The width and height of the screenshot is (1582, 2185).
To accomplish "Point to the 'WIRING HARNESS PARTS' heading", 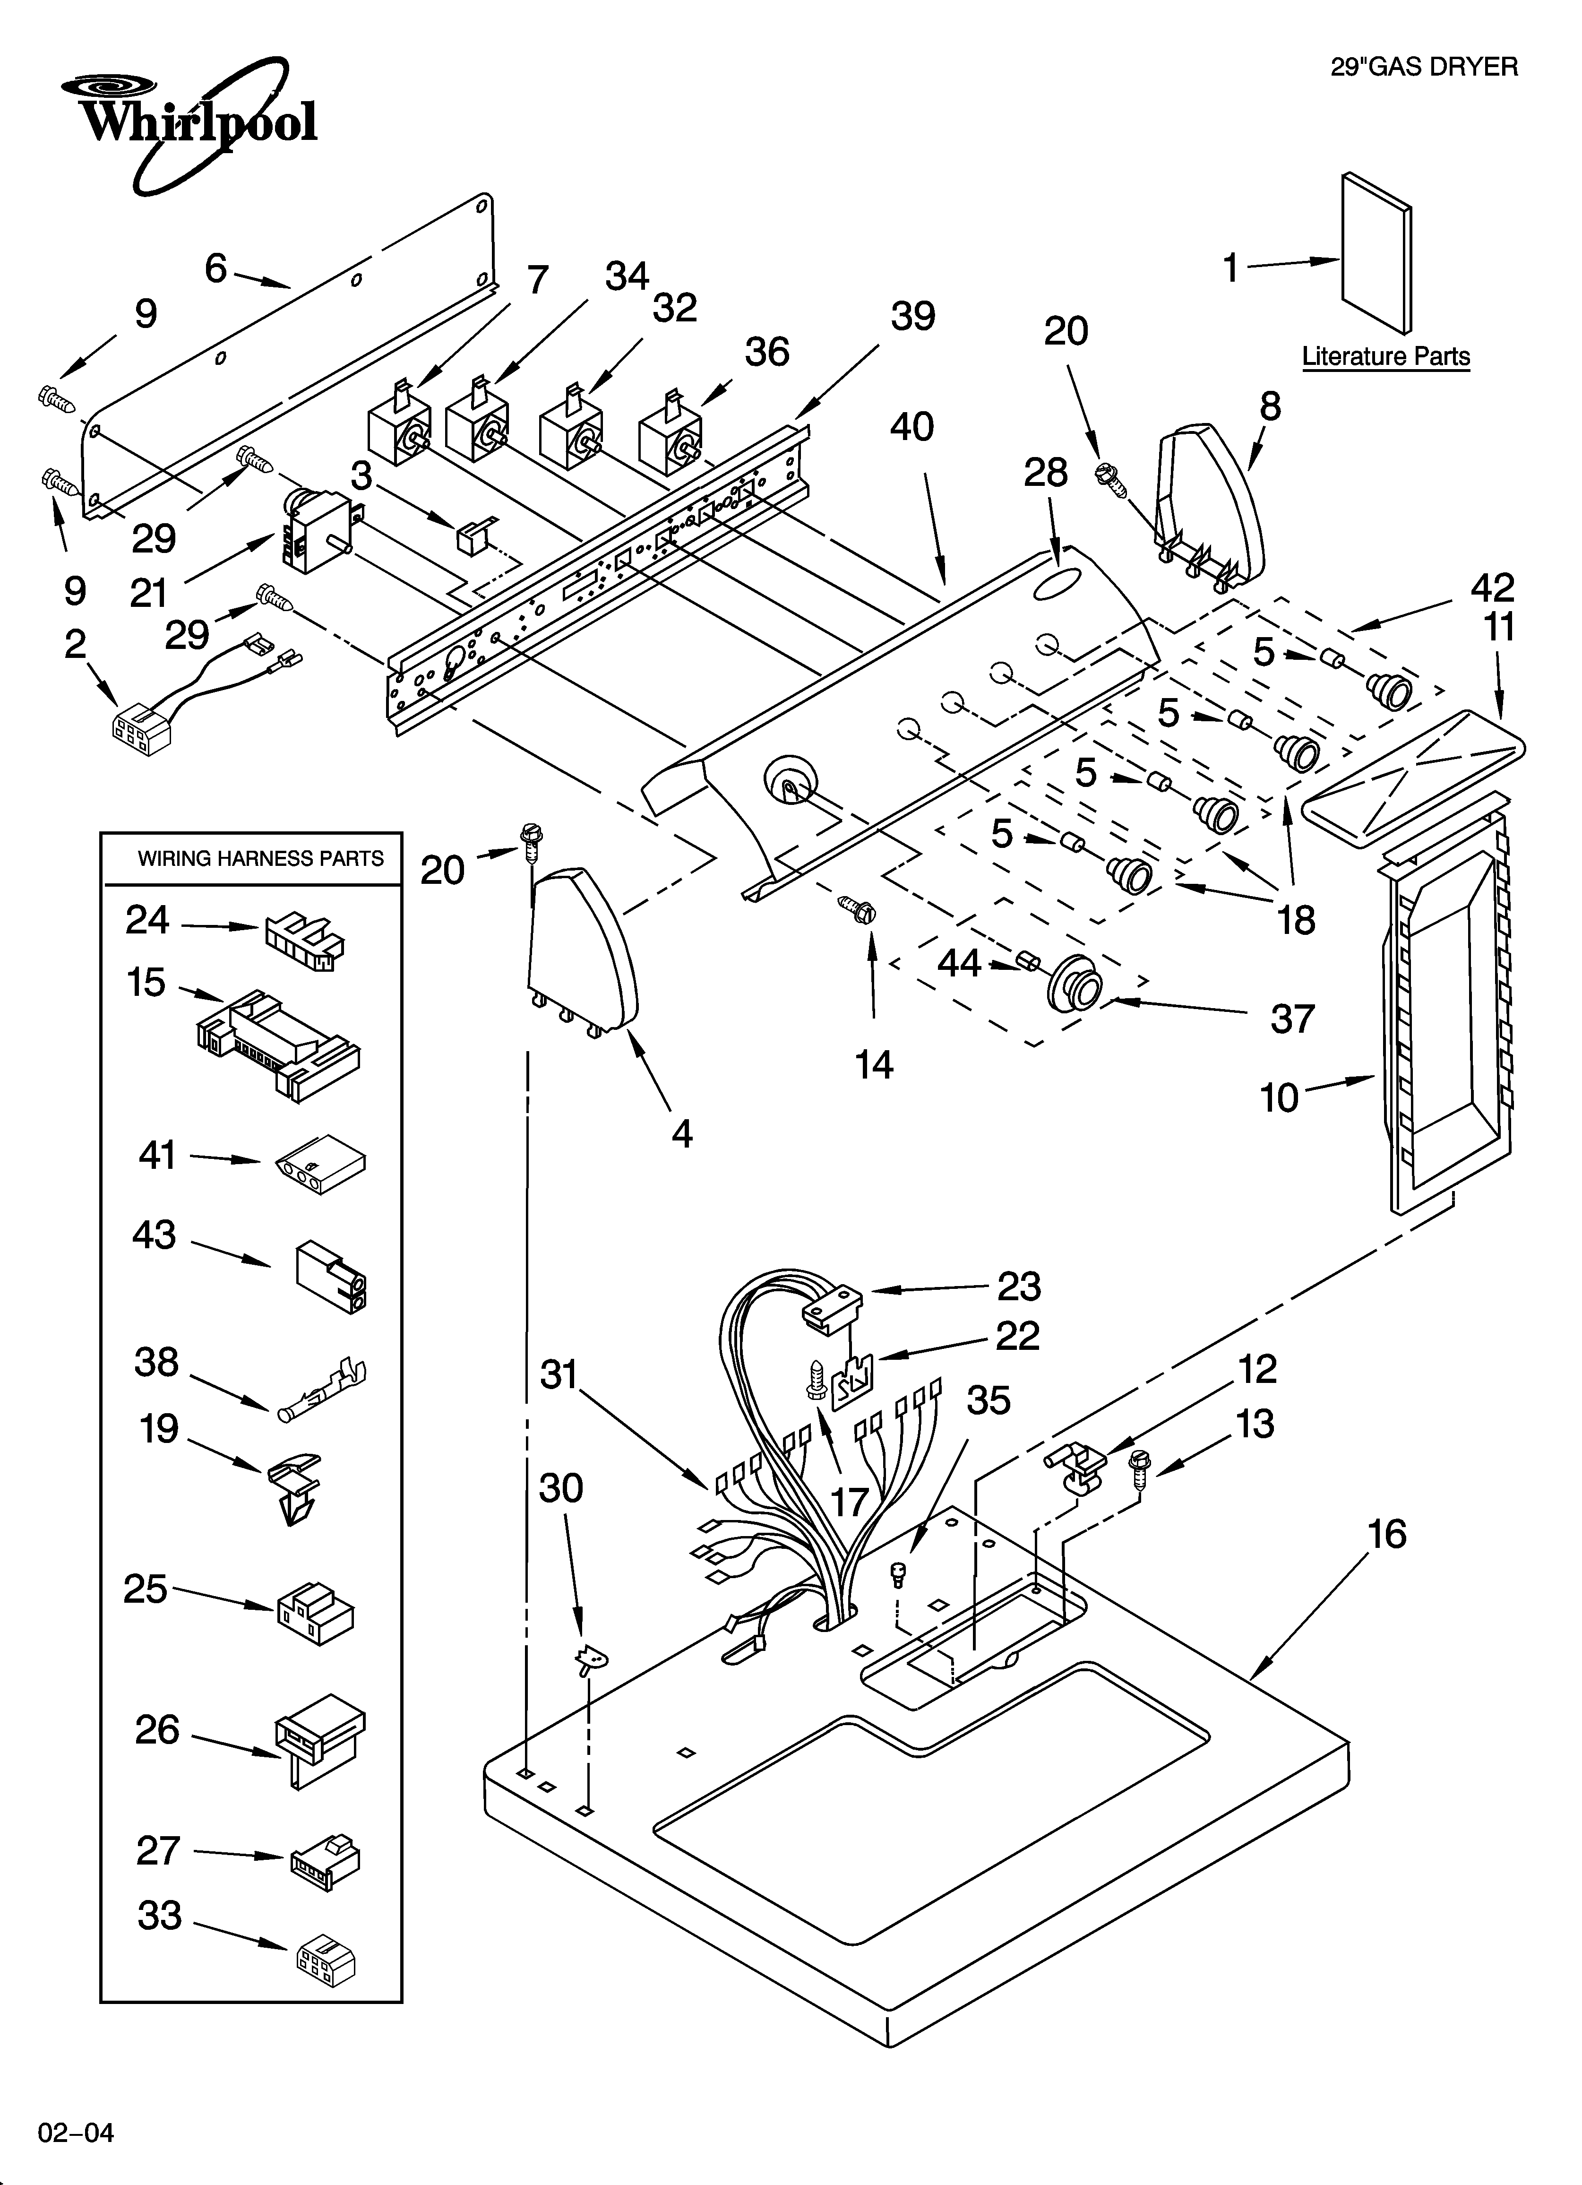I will tap(260, 858).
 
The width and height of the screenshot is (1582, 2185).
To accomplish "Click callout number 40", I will tap(911, 427).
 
